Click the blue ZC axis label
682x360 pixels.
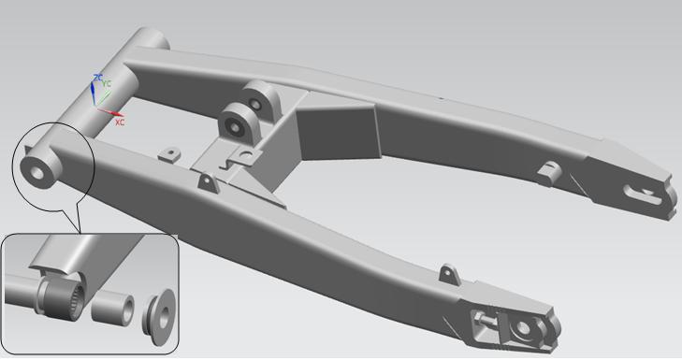pyautogui.click(x=98, y=78)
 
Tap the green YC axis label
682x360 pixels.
pyautogui.click(x=107, y=83)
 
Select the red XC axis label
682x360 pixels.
pyautogui.click(x=120, y=122)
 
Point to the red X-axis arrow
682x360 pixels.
pyautogui.click(x=110, y=112)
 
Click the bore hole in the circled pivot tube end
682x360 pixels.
pyautogui.click(x=37, y=173)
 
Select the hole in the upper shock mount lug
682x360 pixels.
pyautogui.click(x=255, y=105)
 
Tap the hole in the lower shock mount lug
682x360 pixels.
pyautogui.click(x=235, y=128)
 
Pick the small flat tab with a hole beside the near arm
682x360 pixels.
pyautogui.click(x=169, y=154)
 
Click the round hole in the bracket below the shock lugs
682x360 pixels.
pyautogui.click(x=247, y=154)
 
